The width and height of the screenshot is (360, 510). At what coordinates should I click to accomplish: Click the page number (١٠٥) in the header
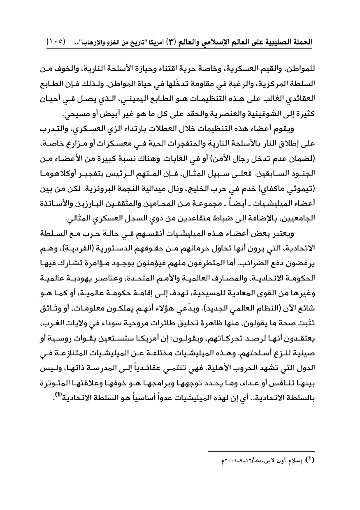pos(56,42)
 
